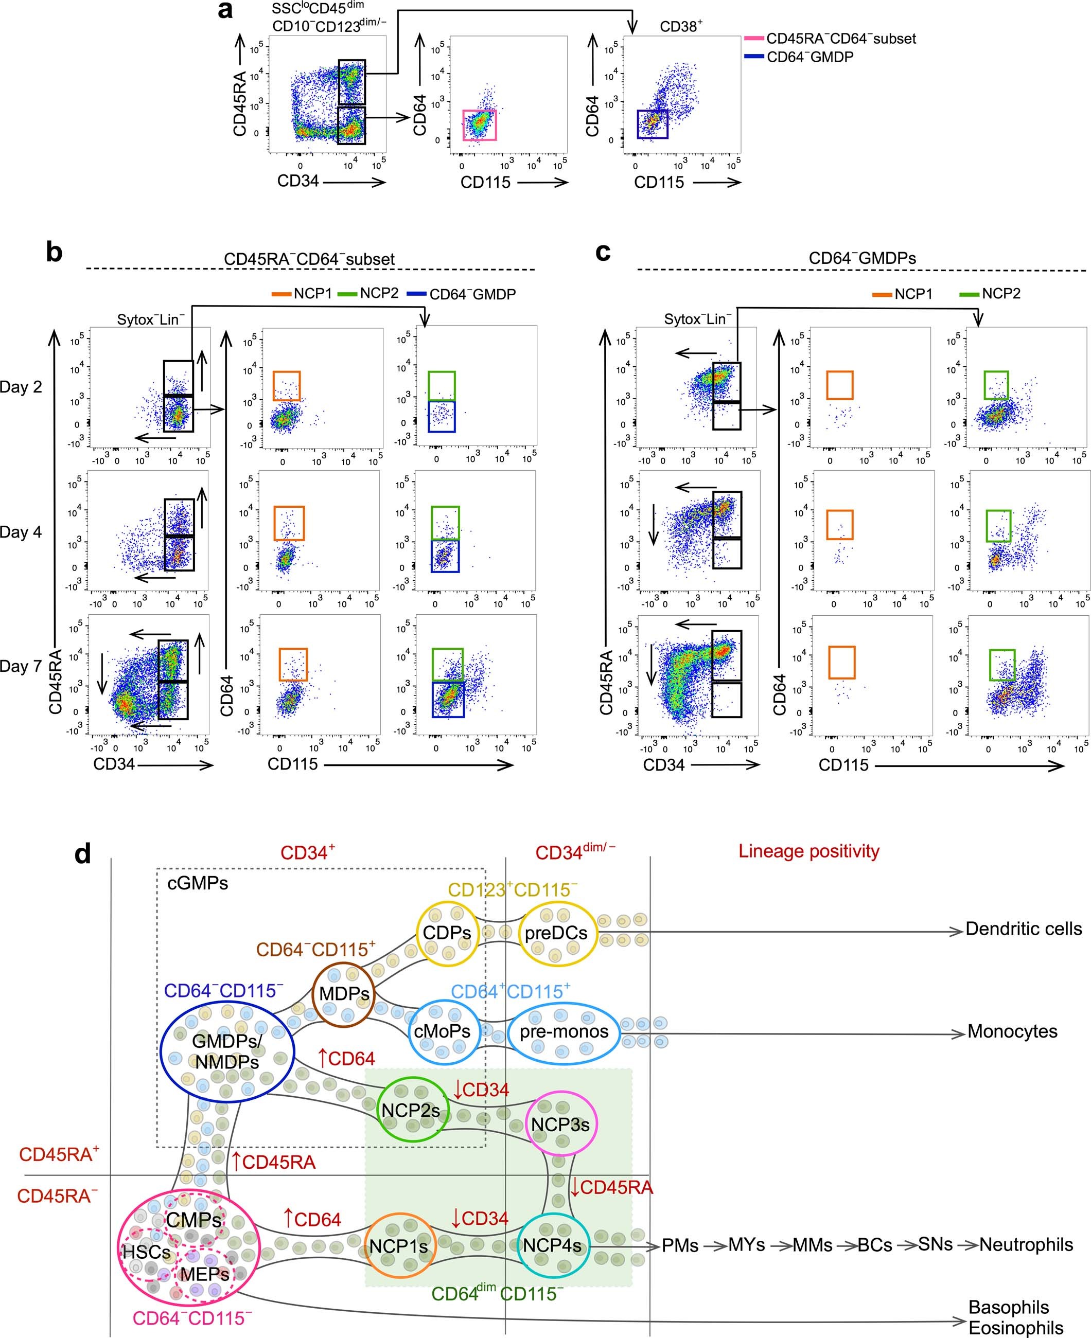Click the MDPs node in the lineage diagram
(x=344, y=994)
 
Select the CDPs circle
(x=447, y=932)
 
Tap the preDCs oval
(x=556, y=933)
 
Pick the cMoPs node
(x=443, y=1031)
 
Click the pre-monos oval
(x=564, y=1031)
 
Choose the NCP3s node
(x=560, y=1124)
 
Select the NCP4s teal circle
(x=552, y=1244)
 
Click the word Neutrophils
(x=1026, y=1244)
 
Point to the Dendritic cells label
(x=1023, y=929)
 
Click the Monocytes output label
(x=1012, y=1031)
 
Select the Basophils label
(x=1008, y=1307)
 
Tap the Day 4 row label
(x=21, y=532)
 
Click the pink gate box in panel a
(x=480, y=125)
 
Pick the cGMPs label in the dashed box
(x=197, y=883)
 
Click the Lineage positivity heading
(x=809, y=851)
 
